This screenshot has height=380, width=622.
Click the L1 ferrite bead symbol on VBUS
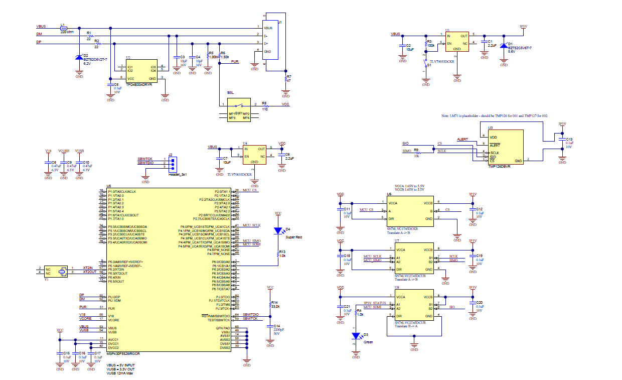[x=63, y=28]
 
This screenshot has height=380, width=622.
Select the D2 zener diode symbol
[x=79, y=57]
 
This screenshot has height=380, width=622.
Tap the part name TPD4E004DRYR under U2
[x=138, y=85]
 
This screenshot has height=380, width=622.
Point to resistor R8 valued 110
[x=265, y=105]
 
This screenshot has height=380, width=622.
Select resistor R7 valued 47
[x=286, y=79]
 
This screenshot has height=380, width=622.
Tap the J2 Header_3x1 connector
[x=173, y=164]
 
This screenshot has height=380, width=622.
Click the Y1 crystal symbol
[x=62, y=272]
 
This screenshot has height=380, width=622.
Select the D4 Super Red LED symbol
[x=278, y=231]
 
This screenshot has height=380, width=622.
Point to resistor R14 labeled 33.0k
[x=270, y=305]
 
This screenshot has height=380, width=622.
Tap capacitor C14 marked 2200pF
[x=270, y=328]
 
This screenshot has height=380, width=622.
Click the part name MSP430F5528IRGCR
[x=123, y=354]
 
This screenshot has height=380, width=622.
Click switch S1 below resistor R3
[x=426, y=65]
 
